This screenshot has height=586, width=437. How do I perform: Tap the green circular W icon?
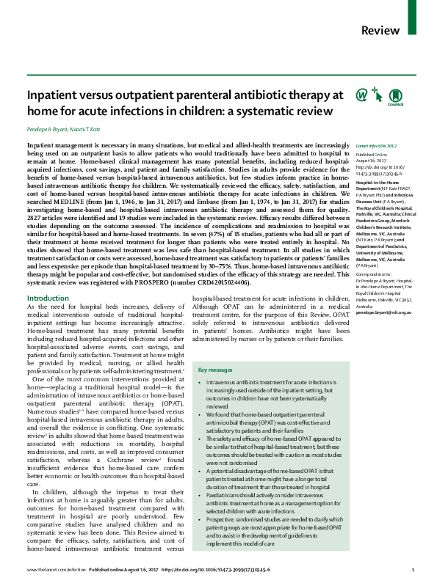[340, 95]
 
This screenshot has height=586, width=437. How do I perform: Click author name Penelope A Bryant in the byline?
[47, 128]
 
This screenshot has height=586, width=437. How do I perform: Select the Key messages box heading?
[214, 370]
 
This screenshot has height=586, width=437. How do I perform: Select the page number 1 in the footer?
[413, 570]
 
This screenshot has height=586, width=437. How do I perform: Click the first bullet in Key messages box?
[201, 384]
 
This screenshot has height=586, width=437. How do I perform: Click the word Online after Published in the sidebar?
[382, 155]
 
